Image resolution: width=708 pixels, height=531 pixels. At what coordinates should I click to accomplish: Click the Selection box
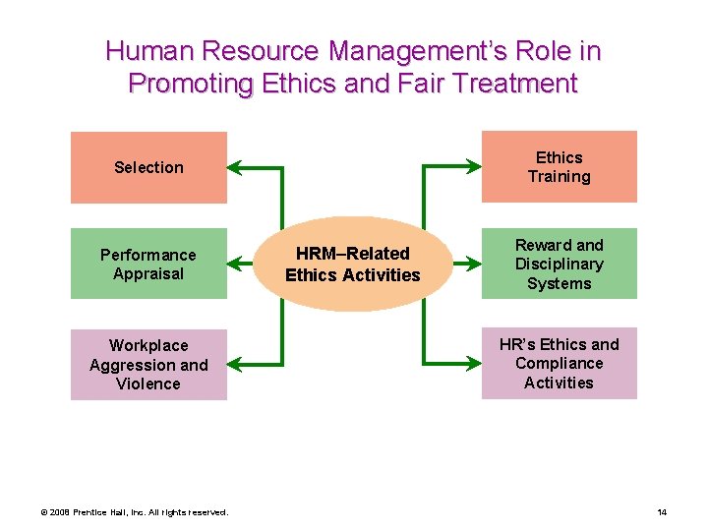148,167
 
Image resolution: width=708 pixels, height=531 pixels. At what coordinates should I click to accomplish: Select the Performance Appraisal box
148,264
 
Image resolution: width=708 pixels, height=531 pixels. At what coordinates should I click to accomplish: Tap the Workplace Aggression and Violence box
148,364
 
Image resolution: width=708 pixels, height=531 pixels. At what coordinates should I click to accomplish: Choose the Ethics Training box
559,167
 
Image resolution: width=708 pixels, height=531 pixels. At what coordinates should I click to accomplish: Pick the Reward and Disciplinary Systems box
559,264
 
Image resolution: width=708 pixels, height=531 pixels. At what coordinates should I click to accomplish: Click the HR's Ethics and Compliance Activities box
559,363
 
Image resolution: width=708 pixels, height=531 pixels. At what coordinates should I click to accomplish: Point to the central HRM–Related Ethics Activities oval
352,265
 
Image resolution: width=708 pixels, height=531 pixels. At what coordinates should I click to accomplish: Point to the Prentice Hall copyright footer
134,512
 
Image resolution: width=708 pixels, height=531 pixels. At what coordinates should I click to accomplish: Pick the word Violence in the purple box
148,383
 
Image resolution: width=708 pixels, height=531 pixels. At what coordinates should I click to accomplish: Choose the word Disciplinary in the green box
559,264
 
